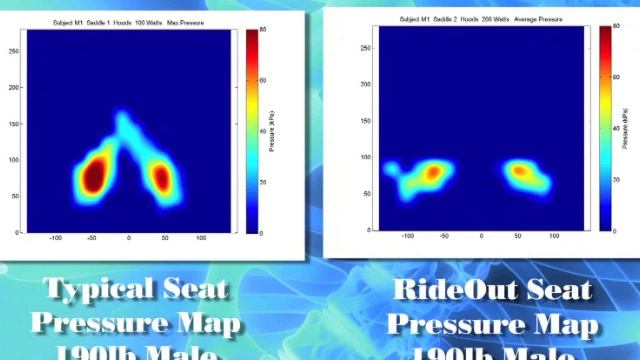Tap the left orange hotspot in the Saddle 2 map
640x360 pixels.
pos(431,172)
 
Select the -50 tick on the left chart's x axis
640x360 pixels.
pos(92,239)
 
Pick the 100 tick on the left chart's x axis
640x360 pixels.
pos(201,239)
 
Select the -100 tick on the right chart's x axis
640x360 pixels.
pos(407,236)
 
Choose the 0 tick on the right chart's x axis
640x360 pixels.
pos(482,236)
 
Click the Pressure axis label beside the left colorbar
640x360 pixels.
pos(272,131)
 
